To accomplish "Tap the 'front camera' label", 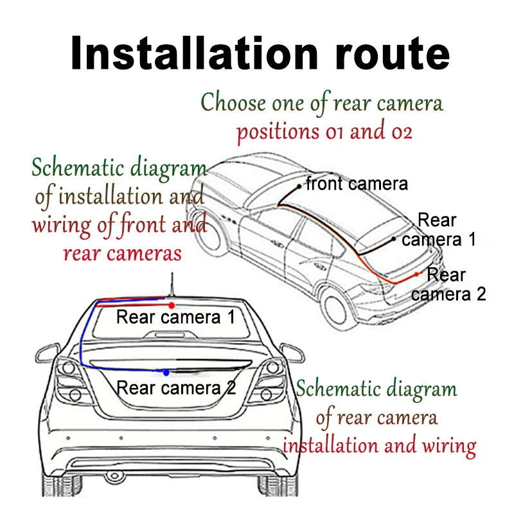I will pyautogui.click(x=357, y=184).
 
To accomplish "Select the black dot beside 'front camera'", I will pyautogui.click(x=299, y=186).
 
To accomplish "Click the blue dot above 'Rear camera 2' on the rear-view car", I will pyautogui.click(x=166, y=372).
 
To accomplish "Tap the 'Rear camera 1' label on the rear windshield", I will pyautogui.click(x=176, y=317).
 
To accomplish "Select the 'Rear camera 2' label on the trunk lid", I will pyautogui.click(x=177, y=388).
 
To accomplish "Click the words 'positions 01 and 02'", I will pyautogui.click(x=324, y=132).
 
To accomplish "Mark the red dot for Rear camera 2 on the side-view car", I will pyautogui.click(x=417, y=274).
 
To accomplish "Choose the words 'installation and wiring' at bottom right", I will pyautogui.click(x=380, y=445).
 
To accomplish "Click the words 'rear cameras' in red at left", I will pyautogui.click(x=122, y=253).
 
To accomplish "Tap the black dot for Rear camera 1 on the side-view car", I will pyautogui.click(x=394, y=239).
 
